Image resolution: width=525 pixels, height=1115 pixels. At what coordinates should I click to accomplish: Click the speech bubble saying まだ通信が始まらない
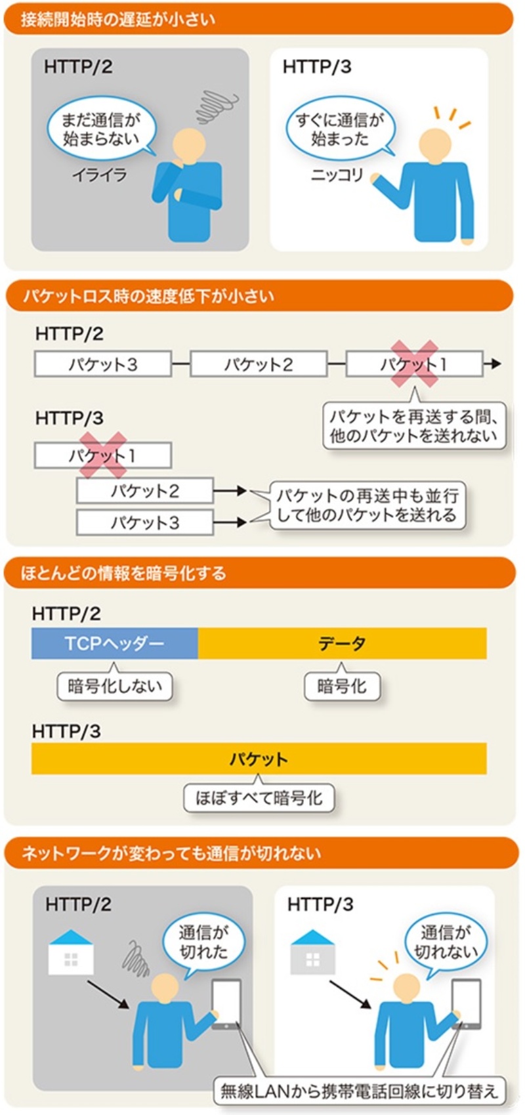coord(101,129)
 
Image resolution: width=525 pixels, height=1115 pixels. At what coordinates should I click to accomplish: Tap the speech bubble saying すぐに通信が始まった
coord(341,129)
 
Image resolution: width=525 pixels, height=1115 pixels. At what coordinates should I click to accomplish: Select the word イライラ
coord(100,175)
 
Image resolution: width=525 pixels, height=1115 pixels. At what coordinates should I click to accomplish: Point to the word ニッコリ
coord(337,175)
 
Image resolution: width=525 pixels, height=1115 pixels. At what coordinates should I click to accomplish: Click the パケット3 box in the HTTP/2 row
coord(103,364)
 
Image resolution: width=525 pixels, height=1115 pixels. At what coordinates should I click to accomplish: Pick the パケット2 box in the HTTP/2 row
coord(259,364)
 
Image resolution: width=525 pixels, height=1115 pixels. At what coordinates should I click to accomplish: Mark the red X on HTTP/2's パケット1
coord(415,364)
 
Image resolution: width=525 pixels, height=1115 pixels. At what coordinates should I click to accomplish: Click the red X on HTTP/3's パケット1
coord(103,455)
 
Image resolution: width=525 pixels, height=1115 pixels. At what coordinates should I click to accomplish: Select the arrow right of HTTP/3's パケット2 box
coord(230,491)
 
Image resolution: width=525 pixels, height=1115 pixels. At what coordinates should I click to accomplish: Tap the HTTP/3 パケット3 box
coord(145,522)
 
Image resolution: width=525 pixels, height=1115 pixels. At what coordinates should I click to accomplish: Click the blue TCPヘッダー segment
coord(114,643)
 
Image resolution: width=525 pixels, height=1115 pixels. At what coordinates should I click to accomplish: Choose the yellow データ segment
coord(343,643)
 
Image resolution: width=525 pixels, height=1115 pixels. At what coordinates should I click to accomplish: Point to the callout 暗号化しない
coord(115,685)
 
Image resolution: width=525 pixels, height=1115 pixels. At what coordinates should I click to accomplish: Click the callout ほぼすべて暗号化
coord(259,797)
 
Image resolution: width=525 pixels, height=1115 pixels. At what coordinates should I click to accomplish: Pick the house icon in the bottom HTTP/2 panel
coord(71,952)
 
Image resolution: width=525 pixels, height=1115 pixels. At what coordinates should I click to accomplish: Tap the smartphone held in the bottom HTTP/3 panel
coord(467,1003)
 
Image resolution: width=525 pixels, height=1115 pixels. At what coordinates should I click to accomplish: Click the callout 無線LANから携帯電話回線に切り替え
coord(359,1091)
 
